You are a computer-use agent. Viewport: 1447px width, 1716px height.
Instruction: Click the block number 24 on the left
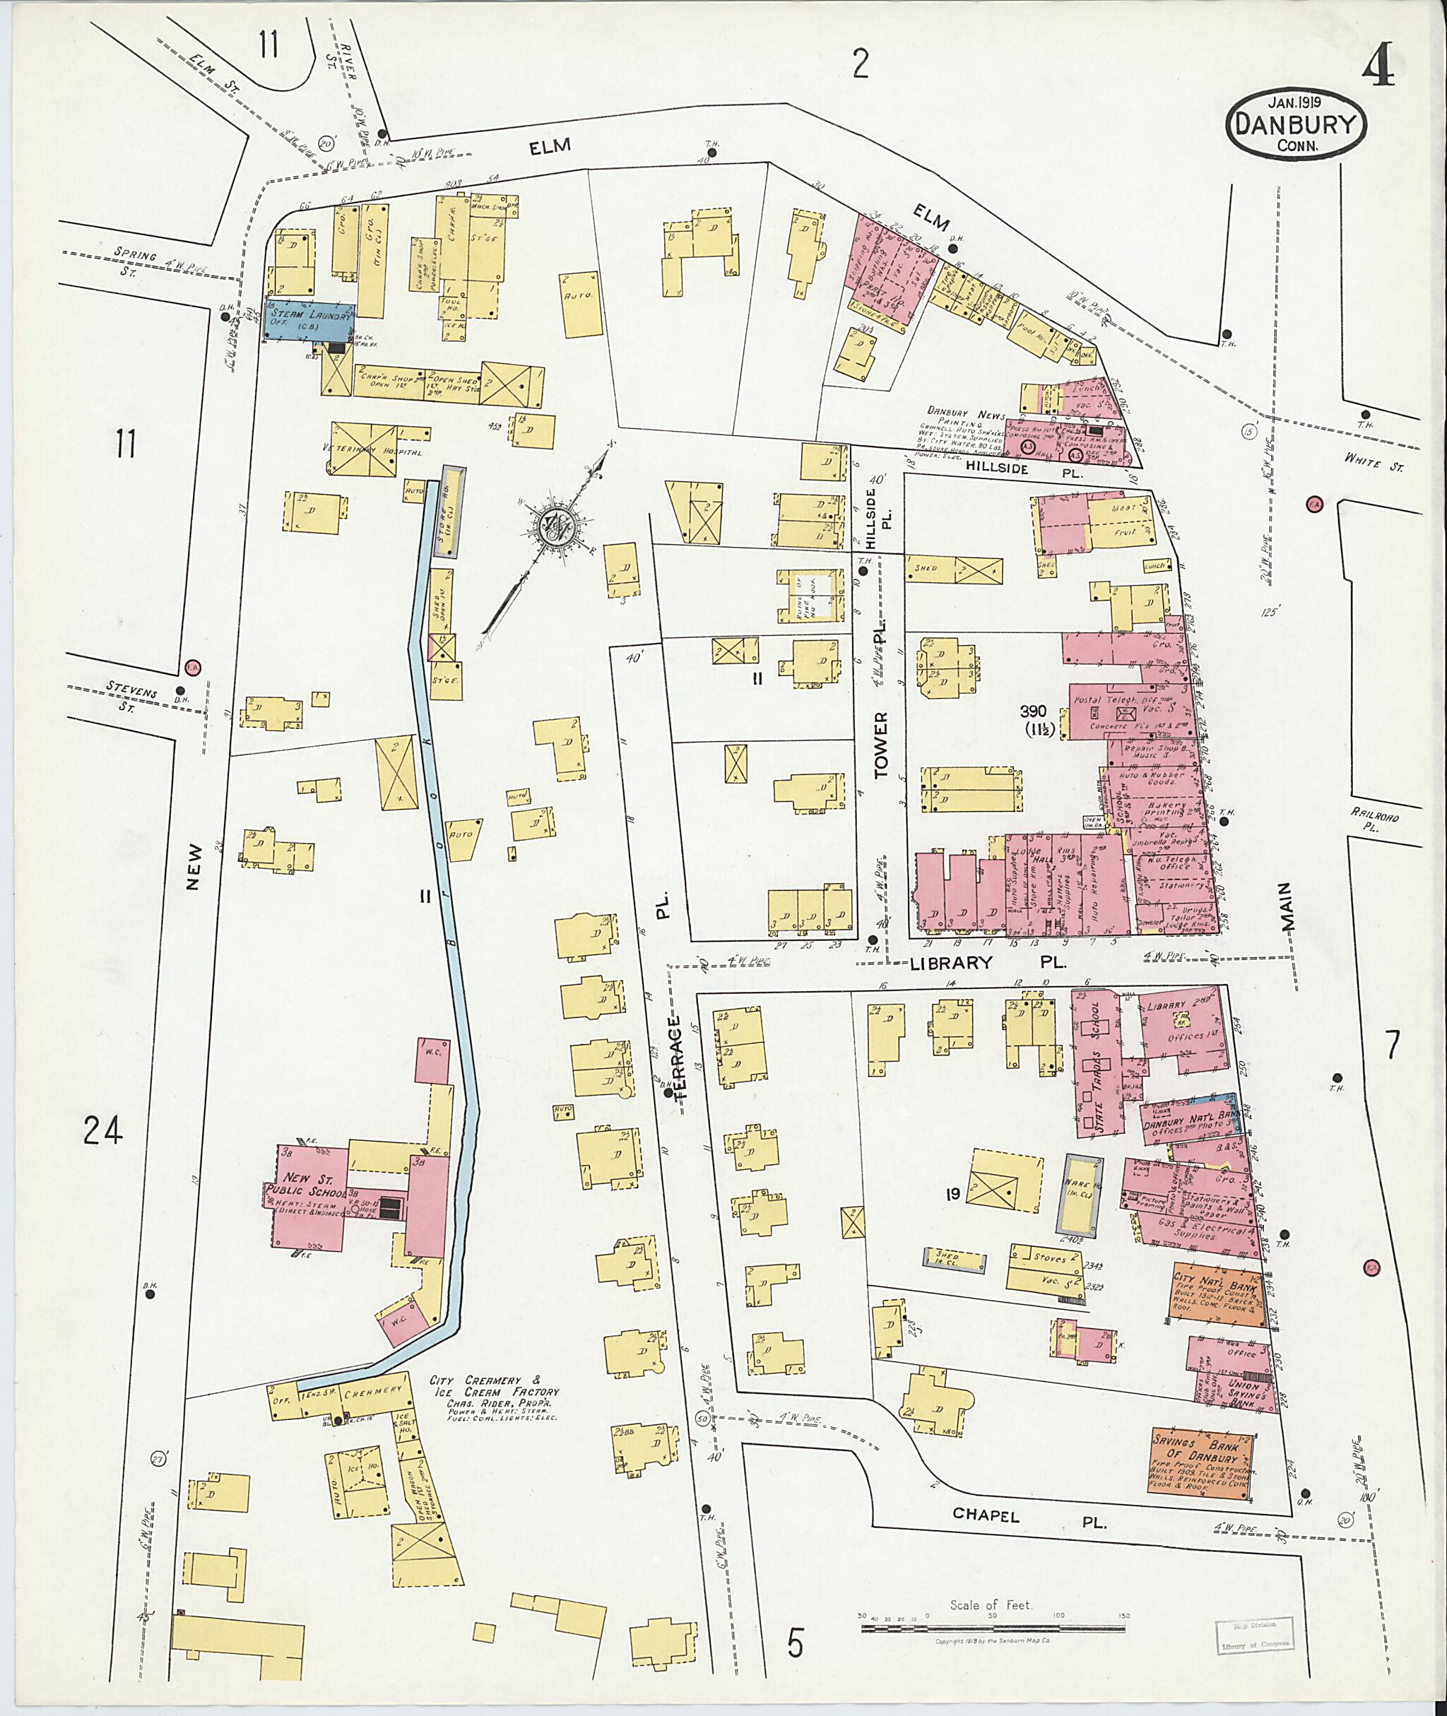point(103,1131)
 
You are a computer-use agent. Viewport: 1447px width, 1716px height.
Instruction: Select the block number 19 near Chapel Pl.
point(952,1195)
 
